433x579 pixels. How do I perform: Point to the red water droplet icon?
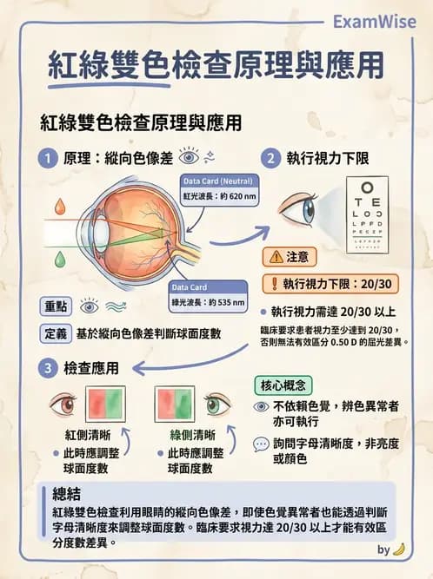pos(59,207)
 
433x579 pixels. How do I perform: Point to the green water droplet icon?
pos(59,259)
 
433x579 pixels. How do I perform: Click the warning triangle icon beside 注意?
pos(276,257)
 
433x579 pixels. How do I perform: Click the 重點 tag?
pos(56,306)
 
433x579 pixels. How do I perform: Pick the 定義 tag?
pos(56,333)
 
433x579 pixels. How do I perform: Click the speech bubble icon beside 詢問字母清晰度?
pos(260,444)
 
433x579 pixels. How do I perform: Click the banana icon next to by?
pos(399,549)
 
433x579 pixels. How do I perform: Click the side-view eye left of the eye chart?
pos(300,208)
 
